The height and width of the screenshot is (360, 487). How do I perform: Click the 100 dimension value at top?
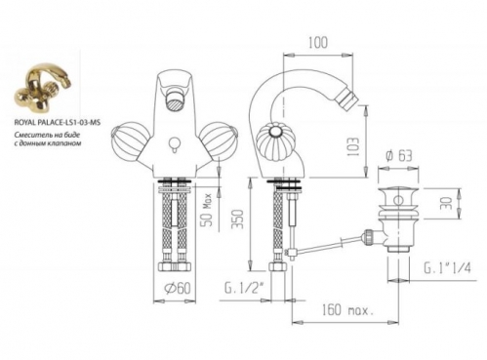point(318,43)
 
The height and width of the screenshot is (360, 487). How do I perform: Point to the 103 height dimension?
point(353,146)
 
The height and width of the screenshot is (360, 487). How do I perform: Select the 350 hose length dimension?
point(239,219)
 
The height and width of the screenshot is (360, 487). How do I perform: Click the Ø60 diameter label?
point(178,288)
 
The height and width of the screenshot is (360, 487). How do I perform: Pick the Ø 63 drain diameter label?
point(398,156)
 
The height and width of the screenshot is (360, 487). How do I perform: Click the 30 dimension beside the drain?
point(448,203)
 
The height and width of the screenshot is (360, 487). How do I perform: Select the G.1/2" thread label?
point(243,288)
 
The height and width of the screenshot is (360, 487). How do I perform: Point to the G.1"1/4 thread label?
point(447,268)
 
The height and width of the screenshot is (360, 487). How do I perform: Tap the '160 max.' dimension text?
point(347,310)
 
